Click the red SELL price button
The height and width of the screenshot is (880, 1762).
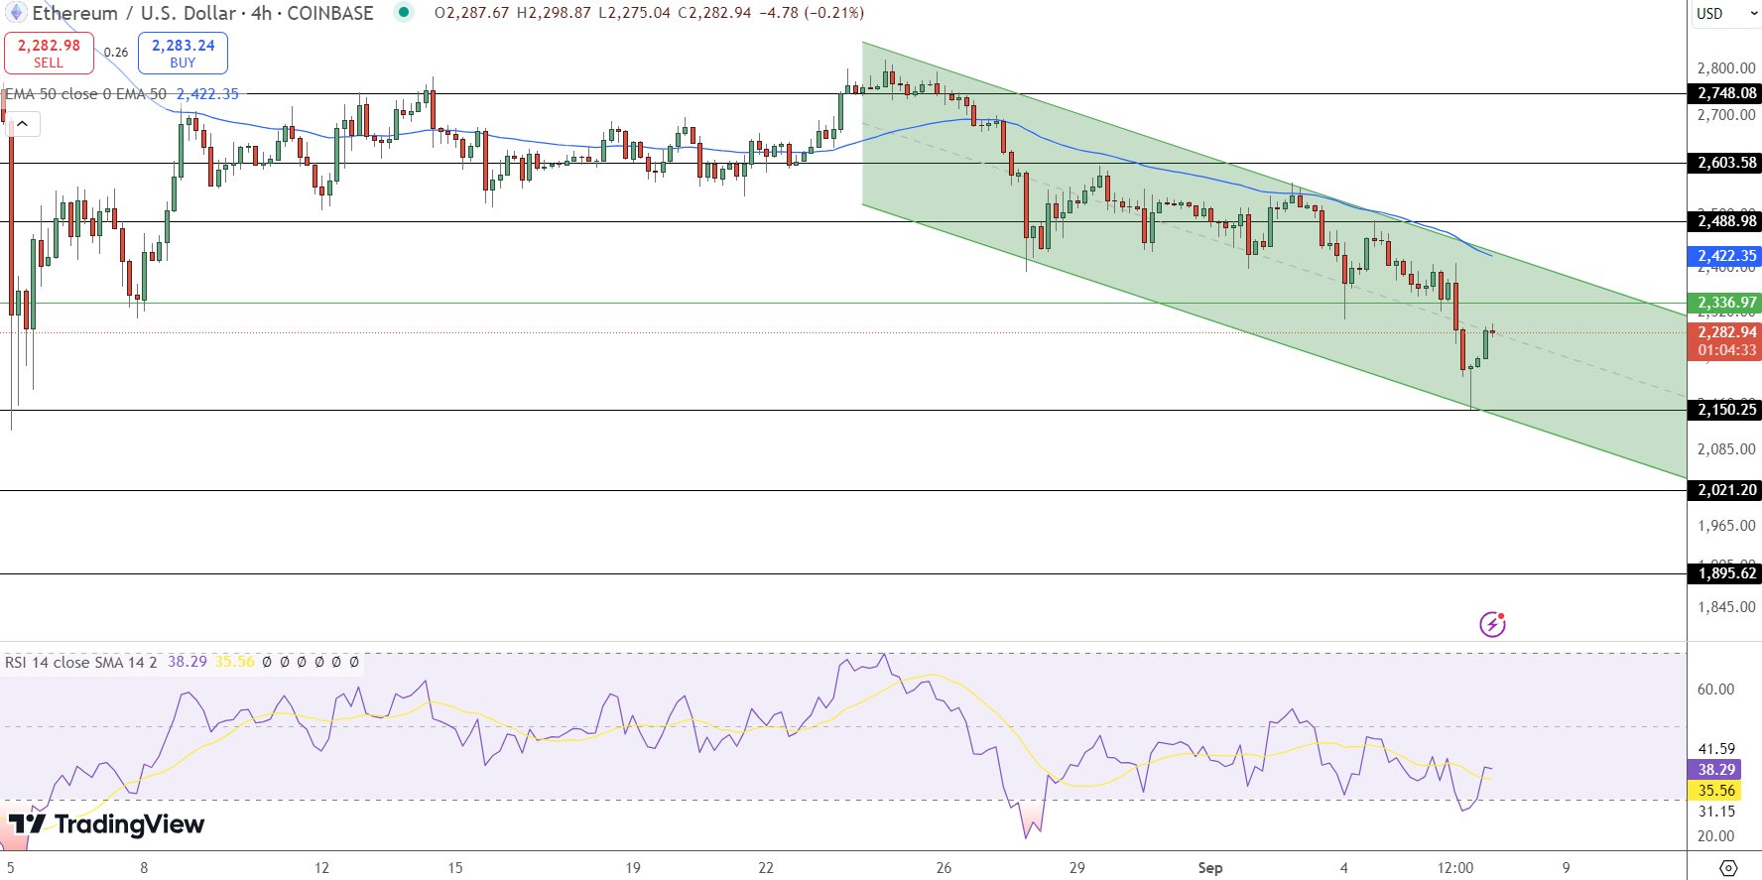[x=49, y=53]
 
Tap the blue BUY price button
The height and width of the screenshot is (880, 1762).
[x=183, y=53]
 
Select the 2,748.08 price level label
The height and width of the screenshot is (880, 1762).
[x=1726, y=93]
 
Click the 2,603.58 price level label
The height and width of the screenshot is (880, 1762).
[x=1726, y=163]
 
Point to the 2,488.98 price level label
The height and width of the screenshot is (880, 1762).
[x=1726, y=221]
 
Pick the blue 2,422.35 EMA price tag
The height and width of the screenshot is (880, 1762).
[x=1726, y=256]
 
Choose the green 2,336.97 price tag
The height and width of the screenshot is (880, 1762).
[x=1726, y=303]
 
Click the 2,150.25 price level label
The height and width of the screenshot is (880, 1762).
[x=1726, y=410]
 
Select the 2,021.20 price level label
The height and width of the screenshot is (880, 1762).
[x=1726, y=490]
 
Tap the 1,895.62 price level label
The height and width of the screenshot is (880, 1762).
[x=1726, y=573]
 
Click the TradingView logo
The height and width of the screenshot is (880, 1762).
[x=106, y=824]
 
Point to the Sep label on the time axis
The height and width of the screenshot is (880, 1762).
[x=1209, y=868]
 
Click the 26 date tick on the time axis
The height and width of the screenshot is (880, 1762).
[x=944, y=868]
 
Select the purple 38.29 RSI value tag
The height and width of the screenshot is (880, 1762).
[x=1716, y=770]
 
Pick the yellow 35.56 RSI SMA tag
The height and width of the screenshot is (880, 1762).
[x=1716, y=791]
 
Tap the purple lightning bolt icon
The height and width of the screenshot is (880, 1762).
[x=1492, y=624]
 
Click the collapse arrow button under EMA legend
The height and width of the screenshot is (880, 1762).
[x=22, y=124]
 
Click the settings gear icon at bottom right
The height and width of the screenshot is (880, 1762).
[x=1728, y=868]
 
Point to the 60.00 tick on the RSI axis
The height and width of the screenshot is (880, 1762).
[x=1715, y=690]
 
